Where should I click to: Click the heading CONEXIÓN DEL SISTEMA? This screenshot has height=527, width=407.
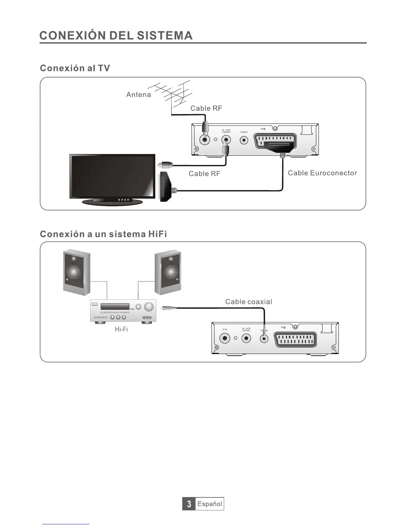click(116, 36)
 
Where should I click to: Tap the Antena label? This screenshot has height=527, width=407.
click(138, 94)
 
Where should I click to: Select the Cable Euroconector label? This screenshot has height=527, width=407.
click(322, 173)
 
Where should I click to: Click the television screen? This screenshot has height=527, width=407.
click(112, 176)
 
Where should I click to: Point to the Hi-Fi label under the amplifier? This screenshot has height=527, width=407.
click(121, 329)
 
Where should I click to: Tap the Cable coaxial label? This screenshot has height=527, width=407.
click(248, 302)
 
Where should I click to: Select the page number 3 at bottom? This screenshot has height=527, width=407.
click(189, 504)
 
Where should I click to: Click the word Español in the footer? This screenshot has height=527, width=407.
click(209, 504)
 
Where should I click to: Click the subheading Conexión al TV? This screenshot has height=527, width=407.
click(75, 68)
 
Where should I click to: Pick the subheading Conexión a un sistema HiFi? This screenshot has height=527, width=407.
click(103, 234)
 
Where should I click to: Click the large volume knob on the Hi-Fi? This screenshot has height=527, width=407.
click(150, 306)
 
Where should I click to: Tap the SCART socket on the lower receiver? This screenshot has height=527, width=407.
click(295, 340)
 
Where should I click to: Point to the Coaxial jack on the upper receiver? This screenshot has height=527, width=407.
click(244, 140)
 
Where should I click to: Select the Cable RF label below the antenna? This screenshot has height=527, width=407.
click(206, 108)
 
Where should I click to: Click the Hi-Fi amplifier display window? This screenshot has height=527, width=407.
click(115, 307)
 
